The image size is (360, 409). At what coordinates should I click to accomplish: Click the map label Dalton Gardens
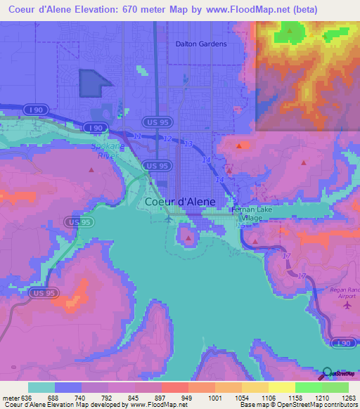coord(201,44)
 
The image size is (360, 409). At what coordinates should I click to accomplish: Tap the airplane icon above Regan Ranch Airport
coord(346,306)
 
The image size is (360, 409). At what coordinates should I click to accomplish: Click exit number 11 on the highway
coord(138,135)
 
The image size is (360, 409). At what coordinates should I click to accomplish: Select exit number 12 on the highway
coord(166,140)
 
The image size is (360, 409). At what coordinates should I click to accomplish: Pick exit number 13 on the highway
coord(188,144)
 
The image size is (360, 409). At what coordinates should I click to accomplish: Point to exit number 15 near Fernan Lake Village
coord(240,226)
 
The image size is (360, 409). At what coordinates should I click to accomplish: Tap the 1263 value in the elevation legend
coord(349,396)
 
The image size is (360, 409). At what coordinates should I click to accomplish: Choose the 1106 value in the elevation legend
coord(269,396)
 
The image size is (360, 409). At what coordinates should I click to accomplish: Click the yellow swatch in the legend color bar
coord(281,387)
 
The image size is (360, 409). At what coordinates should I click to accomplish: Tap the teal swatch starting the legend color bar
coord(41,387)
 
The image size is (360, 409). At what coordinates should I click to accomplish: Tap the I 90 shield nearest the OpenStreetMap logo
coord(343,342)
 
